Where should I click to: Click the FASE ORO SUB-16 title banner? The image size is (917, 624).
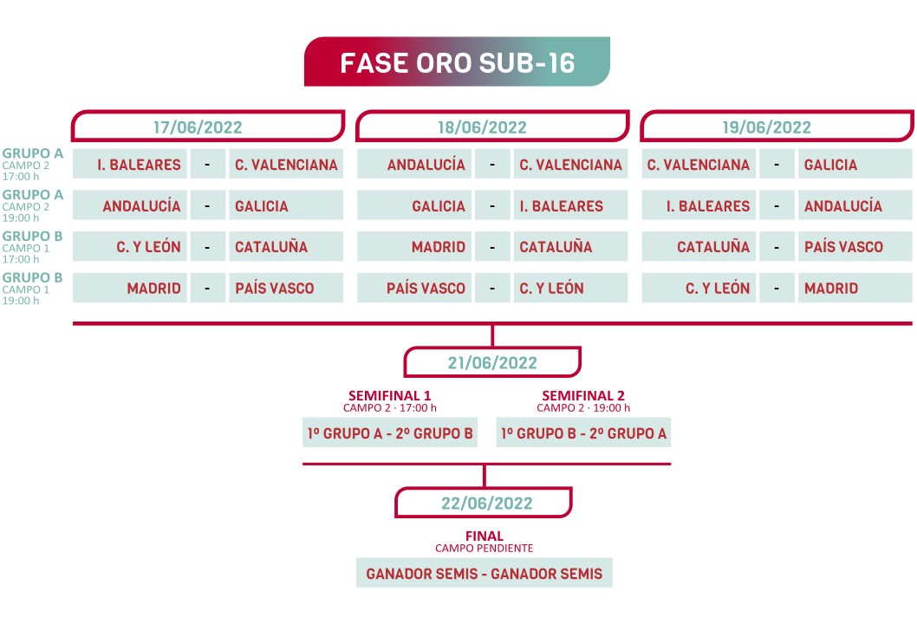coord(457,62)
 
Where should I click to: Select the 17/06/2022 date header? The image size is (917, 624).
coord(198,127)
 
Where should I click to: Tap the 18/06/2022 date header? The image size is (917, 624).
coord(483,127)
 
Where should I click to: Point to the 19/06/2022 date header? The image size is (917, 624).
coord(767,127)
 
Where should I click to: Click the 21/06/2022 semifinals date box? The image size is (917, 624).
coord(492,363)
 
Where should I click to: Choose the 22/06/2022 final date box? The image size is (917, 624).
coord(484,503)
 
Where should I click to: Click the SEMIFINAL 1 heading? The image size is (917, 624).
coord(389,395)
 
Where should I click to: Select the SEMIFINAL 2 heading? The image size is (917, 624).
coord(583,395)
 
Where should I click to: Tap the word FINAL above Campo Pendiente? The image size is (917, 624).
coord(484,536)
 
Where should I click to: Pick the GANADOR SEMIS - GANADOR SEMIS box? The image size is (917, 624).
coord(484,574)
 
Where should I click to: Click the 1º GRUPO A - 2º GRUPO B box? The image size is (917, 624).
coord(389,433)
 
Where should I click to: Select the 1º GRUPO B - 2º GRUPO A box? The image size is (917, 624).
coord(584,433)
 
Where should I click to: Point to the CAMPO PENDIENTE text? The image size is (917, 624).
coord(484,549)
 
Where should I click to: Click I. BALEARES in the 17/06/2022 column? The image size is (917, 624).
coord(139,165)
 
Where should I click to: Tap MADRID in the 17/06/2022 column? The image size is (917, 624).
coord(153,289)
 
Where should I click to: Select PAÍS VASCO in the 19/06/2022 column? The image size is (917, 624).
coord(843,247)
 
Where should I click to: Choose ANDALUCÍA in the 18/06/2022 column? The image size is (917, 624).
coord(426,165)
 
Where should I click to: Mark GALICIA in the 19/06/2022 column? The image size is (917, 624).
coord(830,165)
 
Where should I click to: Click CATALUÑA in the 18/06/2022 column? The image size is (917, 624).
coord(556,247)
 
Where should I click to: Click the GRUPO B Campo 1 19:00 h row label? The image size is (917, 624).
coord(33,289)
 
